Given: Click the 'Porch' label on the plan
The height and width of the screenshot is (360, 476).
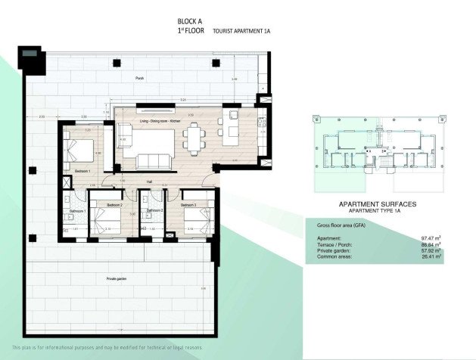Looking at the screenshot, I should tap(139, 78).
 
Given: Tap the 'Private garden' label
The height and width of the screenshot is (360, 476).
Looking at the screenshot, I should tap(117, 278).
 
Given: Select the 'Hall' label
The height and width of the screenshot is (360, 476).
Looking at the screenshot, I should tap(150, 182).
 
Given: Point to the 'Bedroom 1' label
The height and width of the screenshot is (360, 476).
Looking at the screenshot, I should tap(82, 172).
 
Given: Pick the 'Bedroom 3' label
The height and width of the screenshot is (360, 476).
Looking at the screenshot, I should tap(188, 205).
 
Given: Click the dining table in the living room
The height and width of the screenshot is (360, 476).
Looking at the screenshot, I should tap(194, 138).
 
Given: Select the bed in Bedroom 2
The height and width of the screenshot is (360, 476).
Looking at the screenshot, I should tap(107, 222).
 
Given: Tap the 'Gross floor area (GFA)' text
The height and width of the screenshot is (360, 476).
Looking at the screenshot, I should tap(341, 225).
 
